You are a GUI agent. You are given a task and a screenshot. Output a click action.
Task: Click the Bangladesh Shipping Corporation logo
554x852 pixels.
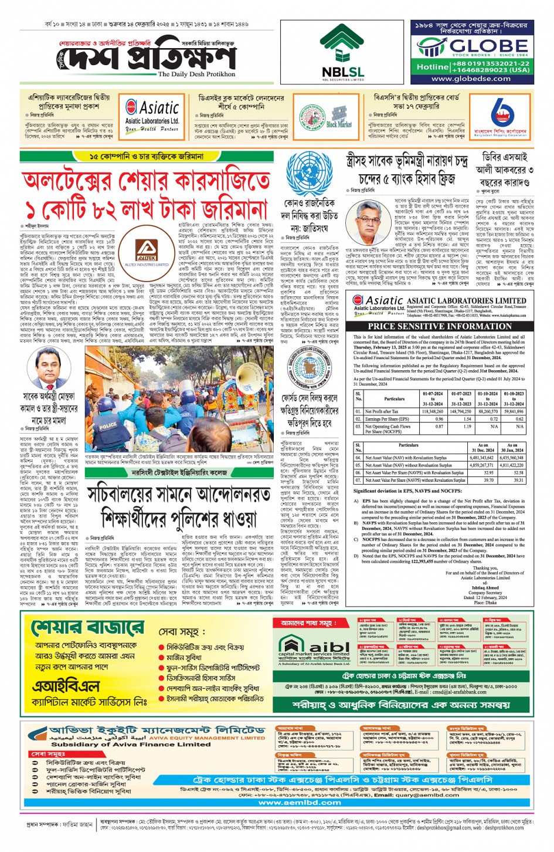(501, 116)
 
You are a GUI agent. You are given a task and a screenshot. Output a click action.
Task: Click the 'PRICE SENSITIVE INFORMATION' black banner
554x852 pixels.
(440, 326)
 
